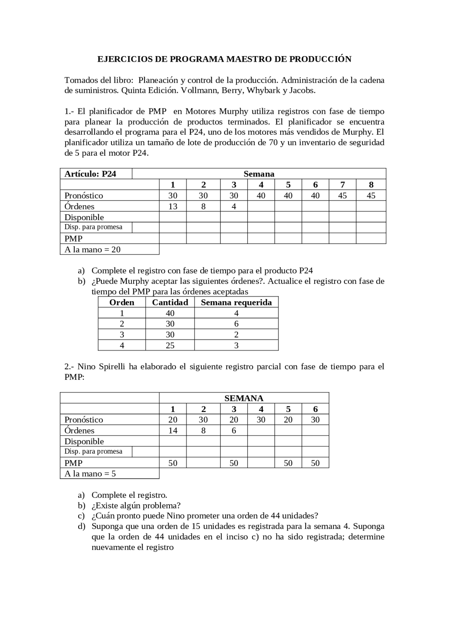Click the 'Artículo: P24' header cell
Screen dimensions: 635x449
90,174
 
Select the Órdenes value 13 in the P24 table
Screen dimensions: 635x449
173,206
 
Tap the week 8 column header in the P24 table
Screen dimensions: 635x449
371,185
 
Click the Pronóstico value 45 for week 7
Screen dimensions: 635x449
342,196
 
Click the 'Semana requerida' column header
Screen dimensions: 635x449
236,302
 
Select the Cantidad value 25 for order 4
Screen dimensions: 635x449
170,345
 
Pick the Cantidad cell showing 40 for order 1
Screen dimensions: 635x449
170,313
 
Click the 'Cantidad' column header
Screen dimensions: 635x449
170,302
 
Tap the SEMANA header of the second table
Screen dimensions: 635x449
244,398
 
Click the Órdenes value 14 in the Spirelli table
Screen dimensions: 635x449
173,431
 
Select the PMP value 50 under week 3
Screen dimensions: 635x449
234,463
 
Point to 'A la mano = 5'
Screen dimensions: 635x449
90,474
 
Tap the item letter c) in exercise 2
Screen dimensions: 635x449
81,516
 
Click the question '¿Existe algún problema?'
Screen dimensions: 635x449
136,505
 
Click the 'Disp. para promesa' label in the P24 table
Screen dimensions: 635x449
93,227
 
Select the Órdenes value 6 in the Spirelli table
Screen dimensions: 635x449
234,431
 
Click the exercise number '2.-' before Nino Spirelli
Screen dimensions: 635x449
69,367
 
